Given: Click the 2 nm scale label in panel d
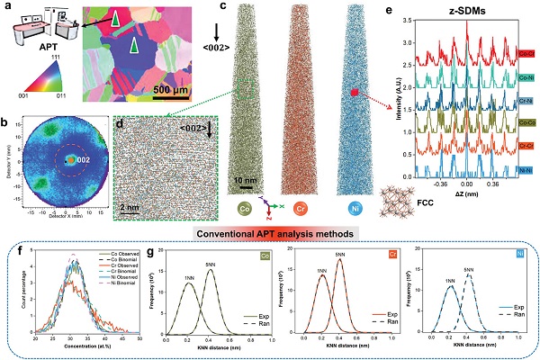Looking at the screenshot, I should click(x=132, y=206).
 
